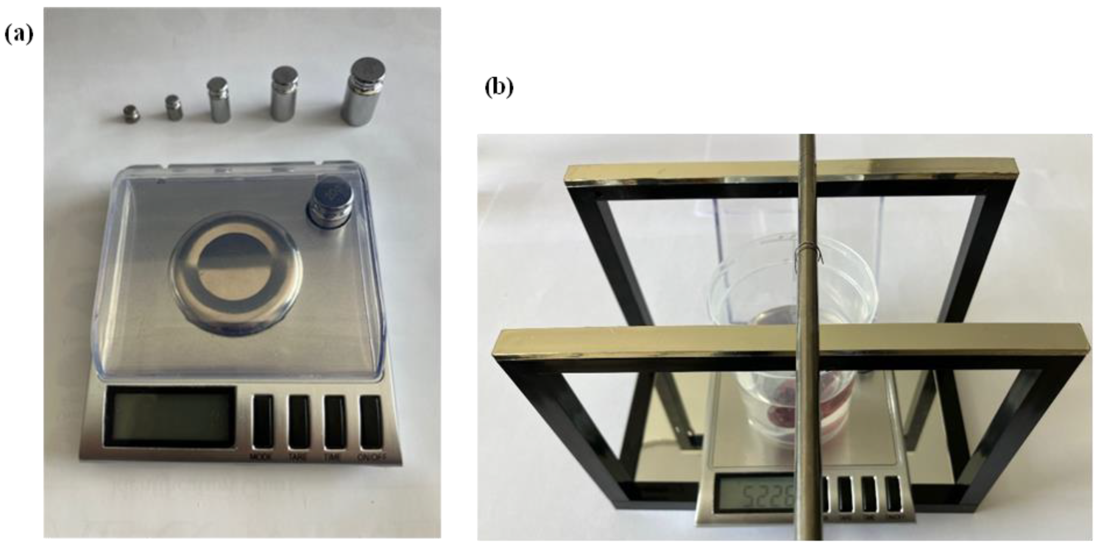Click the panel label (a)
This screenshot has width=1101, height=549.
[x=19, y=34]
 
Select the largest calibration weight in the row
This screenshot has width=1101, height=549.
[x=363, y=93]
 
